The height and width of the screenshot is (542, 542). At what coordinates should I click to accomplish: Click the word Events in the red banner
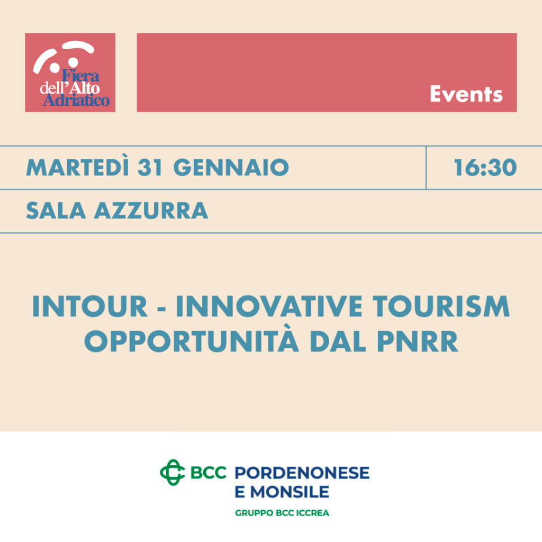466,94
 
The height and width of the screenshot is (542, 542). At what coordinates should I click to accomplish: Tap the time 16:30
485,168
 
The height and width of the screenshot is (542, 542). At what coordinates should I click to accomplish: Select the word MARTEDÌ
77,167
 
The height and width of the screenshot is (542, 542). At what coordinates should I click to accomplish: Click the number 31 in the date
150,168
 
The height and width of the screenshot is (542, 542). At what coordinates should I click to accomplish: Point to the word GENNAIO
231,168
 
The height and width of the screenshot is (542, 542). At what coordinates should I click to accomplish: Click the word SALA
56,211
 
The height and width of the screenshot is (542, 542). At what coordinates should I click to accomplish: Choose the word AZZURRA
151,211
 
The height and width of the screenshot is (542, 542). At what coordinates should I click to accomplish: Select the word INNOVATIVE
269,306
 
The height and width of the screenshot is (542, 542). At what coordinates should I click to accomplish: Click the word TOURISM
441,306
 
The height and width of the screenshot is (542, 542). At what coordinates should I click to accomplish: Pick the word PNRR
418,341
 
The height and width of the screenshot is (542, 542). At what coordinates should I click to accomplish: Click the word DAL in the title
338,341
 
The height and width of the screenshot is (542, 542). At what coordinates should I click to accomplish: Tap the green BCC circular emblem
173,472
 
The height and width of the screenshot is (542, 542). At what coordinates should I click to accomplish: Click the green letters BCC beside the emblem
209,473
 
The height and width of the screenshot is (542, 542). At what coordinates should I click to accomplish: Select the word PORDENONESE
302,473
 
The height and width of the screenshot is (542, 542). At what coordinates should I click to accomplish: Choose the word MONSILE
290,492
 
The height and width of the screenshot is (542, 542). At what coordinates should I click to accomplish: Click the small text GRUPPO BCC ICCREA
282,513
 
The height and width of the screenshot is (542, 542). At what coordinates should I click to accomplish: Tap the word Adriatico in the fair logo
76,100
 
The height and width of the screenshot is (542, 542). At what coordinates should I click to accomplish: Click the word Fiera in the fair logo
80,75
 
